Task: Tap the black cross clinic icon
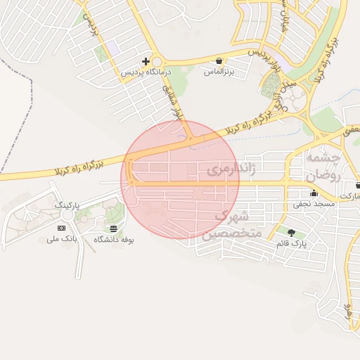click(146, 61)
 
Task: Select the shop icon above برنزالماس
click(219, 60)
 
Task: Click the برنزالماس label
click(219, 72)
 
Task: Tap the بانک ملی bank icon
click(61, 228)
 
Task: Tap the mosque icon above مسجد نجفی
click(313, 193)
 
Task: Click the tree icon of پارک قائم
click(291, 232)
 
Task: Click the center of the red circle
click(180, 180)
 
